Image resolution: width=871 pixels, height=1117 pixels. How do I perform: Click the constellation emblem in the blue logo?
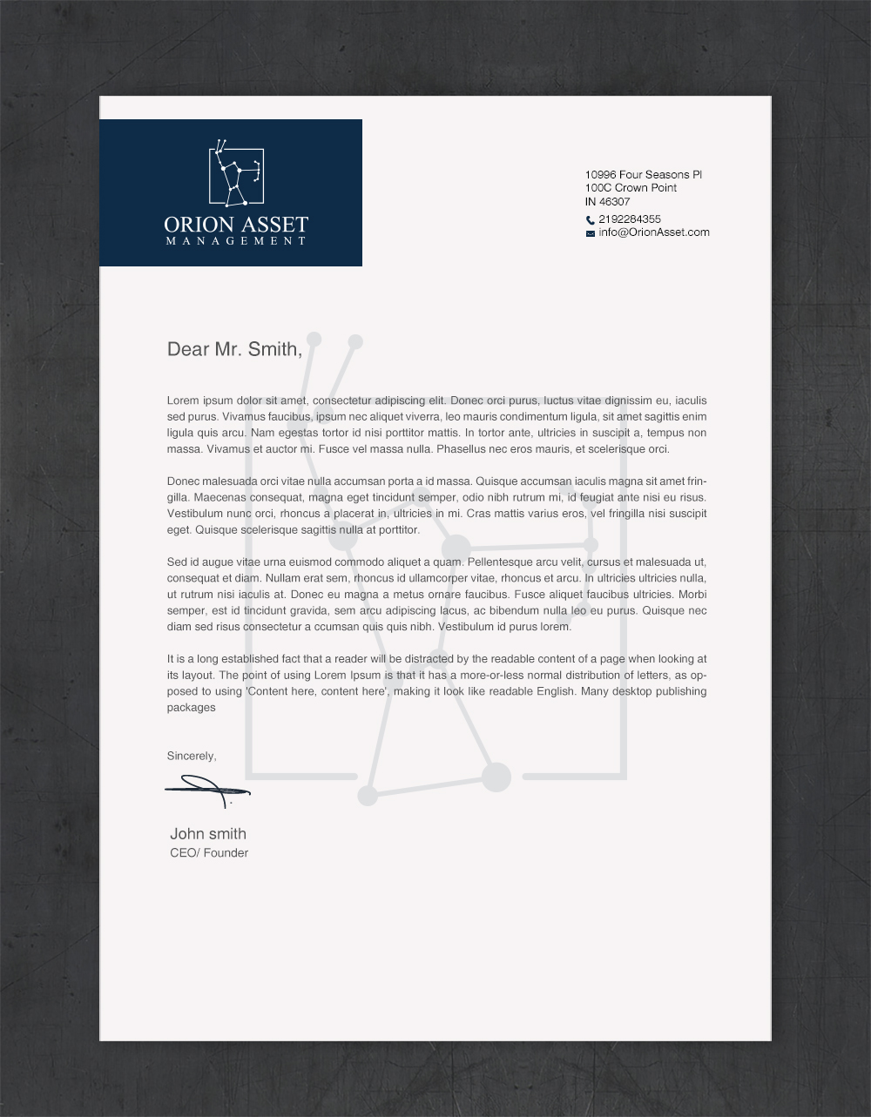pyautogui.click(x=237, y=175)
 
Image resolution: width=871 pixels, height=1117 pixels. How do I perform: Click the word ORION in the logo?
pyautogui.click(x=195, y=225)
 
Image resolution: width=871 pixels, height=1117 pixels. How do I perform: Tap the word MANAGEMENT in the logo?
pyautogui.click(x=236, y=240)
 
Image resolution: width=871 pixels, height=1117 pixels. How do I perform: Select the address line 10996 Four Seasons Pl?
pyautogui.click(x=644, y=175)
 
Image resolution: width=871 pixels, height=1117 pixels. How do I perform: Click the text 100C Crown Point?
pyautogui.click(x=631, y=188)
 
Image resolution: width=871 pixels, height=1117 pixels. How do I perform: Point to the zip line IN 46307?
pyautogui.click(x=607, y=202)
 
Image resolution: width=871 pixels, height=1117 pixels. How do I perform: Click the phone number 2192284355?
pyautogui.click(x=629, y=219)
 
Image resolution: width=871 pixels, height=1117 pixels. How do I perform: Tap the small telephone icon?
pyautogui.click(x=590, y=220)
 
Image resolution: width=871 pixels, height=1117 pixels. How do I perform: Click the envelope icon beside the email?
pyautogui.click(x=590, y=233)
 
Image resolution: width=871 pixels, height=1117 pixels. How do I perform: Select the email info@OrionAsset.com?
pyautogui.click(x=654, y=232)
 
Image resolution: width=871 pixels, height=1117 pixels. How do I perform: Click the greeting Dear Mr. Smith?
pyautogui.click(x=234, y=349)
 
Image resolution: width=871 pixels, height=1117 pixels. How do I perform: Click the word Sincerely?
pyautogui.click(x=192, y=756)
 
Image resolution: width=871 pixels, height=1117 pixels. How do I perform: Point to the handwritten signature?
pyautogui.click(x=208, y=790)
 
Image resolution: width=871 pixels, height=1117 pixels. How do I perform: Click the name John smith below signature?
pyautogui.click(x=208, y=834)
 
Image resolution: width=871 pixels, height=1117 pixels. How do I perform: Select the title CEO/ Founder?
pyautogui.click(x=209, y=853)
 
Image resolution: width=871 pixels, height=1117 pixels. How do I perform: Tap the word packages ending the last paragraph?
pyautogui.click(x=191, y=708)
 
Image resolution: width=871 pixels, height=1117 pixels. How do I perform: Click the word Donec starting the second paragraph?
pyautogui.click(x=184, y=481)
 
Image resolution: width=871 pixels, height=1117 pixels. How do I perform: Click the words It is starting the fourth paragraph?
pyautogui.click(x=177, y=659)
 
